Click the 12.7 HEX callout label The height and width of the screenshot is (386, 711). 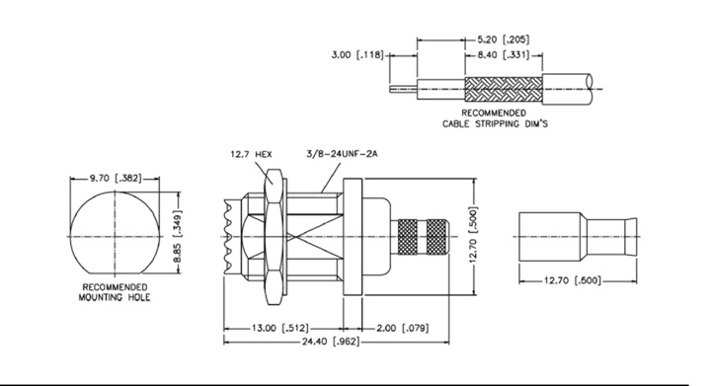pyautogui.click(x=251, y=154)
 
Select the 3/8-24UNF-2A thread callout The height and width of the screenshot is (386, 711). pyautogui.click(x=342, y=154)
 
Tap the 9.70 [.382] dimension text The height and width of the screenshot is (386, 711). pyautogui.click(x=116, y=178)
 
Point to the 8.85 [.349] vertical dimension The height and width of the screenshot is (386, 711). pyautogui.click(x=177, y=232)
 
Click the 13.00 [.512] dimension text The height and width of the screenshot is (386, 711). pyautogui.click(x=280, y=328)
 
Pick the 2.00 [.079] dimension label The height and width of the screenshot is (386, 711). pyautogui.click(x=402, y=328)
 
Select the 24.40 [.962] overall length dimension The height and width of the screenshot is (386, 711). pyautogui.click(x=331, y=342)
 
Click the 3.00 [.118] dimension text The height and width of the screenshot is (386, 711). pyautogui.click(x=357, y=55)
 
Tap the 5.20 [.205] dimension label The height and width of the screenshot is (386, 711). pyautogui.click(x=503, y=39)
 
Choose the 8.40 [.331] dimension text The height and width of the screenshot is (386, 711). pyautogui.click(x=503, y=55)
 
